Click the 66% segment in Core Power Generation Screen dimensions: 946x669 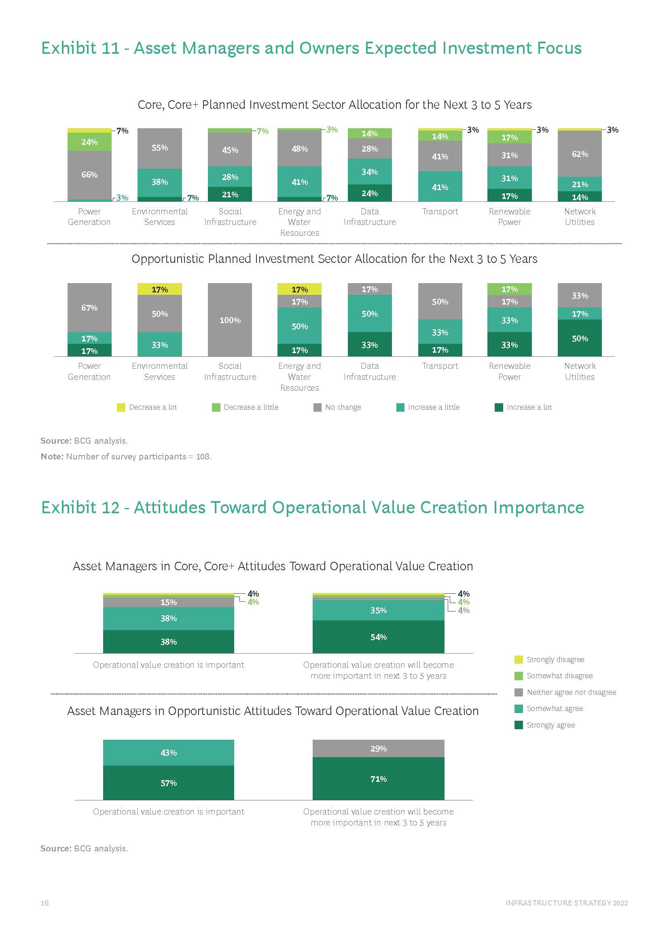pos(89,175)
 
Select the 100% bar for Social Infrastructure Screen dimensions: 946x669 pos(230,320)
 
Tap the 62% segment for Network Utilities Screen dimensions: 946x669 pos(580,154)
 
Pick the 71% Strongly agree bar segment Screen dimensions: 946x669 pos(378,779)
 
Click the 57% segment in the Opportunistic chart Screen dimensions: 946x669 pos(169,783)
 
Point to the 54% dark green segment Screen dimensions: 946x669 pos(378,637)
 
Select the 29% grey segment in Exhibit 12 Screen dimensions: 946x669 pos(378,749)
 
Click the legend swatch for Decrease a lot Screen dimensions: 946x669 pos(121,408)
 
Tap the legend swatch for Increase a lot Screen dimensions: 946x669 pos(498,408)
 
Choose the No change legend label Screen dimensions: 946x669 pos(343,407)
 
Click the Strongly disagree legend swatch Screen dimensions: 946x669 pos(519,660)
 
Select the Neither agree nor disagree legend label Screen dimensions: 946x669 pos(571,692)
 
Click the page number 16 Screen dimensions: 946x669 pos(44,903)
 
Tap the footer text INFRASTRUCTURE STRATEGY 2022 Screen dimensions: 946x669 pos(566,903)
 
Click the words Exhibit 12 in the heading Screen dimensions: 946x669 pos(80,508)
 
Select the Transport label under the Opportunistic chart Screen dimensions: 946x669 pos(440,366)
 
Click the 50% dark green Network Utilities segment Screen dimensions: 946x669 pos(580,338)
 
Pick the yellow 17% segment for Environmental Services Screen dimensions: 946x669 pos(159,289)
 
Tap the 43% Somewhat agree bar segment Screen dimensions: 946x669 pos(169,752)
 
